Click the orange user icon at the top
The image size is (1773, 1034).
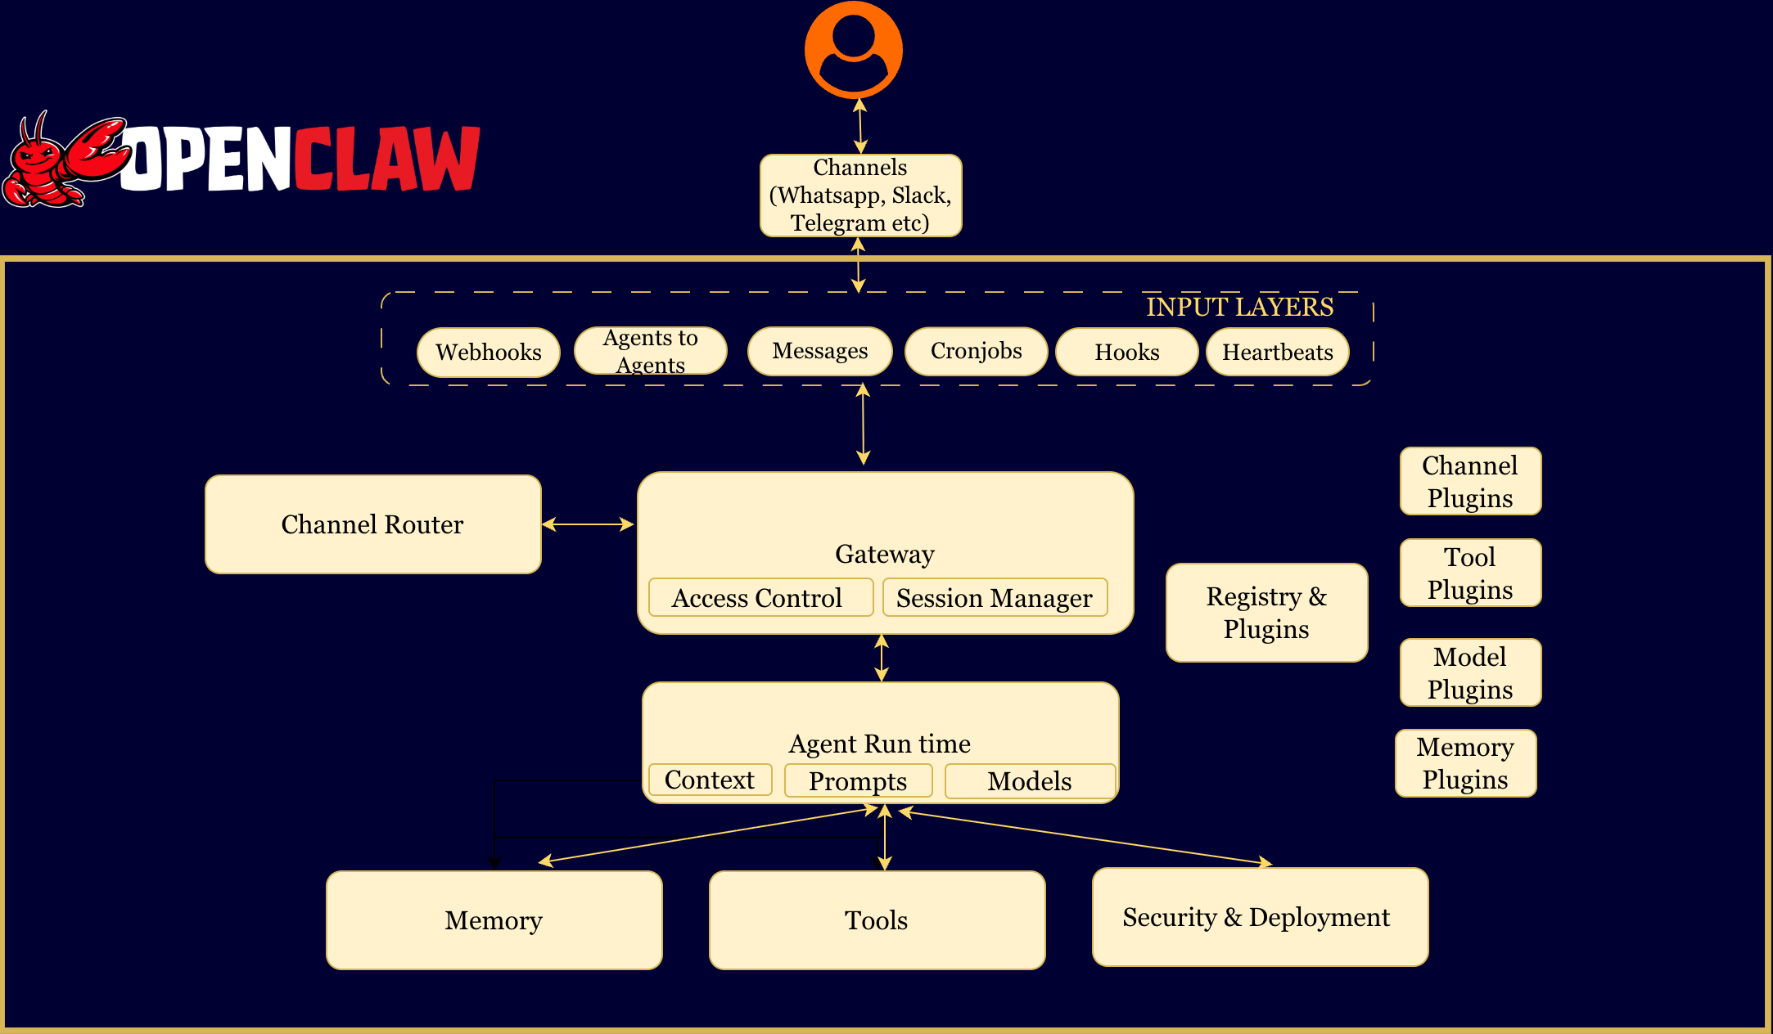click(854, 49)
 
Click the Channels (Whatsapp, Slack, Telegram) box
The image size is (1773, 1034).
click(860, 196)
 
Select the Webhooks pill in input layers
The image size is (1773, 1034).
click(489, 353)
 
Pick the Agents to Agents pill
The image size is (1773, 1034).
click(651, 351)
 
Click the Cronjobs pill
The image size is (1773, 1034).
click(976, 352)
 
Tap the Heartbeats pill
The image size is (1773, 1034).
click(1277, 353)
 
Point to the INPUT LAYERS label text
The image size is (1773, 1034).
click(1239, 307)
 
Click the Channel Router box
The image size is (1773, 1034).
click(372, 524)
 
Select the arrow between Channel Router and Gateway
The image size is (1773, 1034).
click(589, 524)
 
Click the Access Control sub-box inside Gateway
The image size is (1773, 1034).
click(760, 598)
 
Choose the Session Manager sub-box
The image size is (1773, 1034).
click(995, 598)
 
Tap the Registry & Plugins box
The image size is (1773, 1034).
click(1266, 613)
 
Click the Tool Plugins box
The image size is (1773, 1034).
click(1470, 573)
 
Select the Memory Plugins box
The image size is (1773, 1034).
click(1465, 763)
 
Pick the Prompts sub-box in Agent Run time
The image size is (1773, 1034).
click(858, 781)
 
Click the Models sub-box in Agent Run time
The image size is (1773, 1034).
click(1029, 781)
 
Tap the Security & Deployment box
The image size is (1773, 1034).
click(1260, 917)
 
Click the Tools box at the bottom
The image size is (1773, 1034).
click(877, 920)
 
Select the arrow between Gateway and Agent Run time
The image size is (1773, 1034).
click(882, 658)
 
